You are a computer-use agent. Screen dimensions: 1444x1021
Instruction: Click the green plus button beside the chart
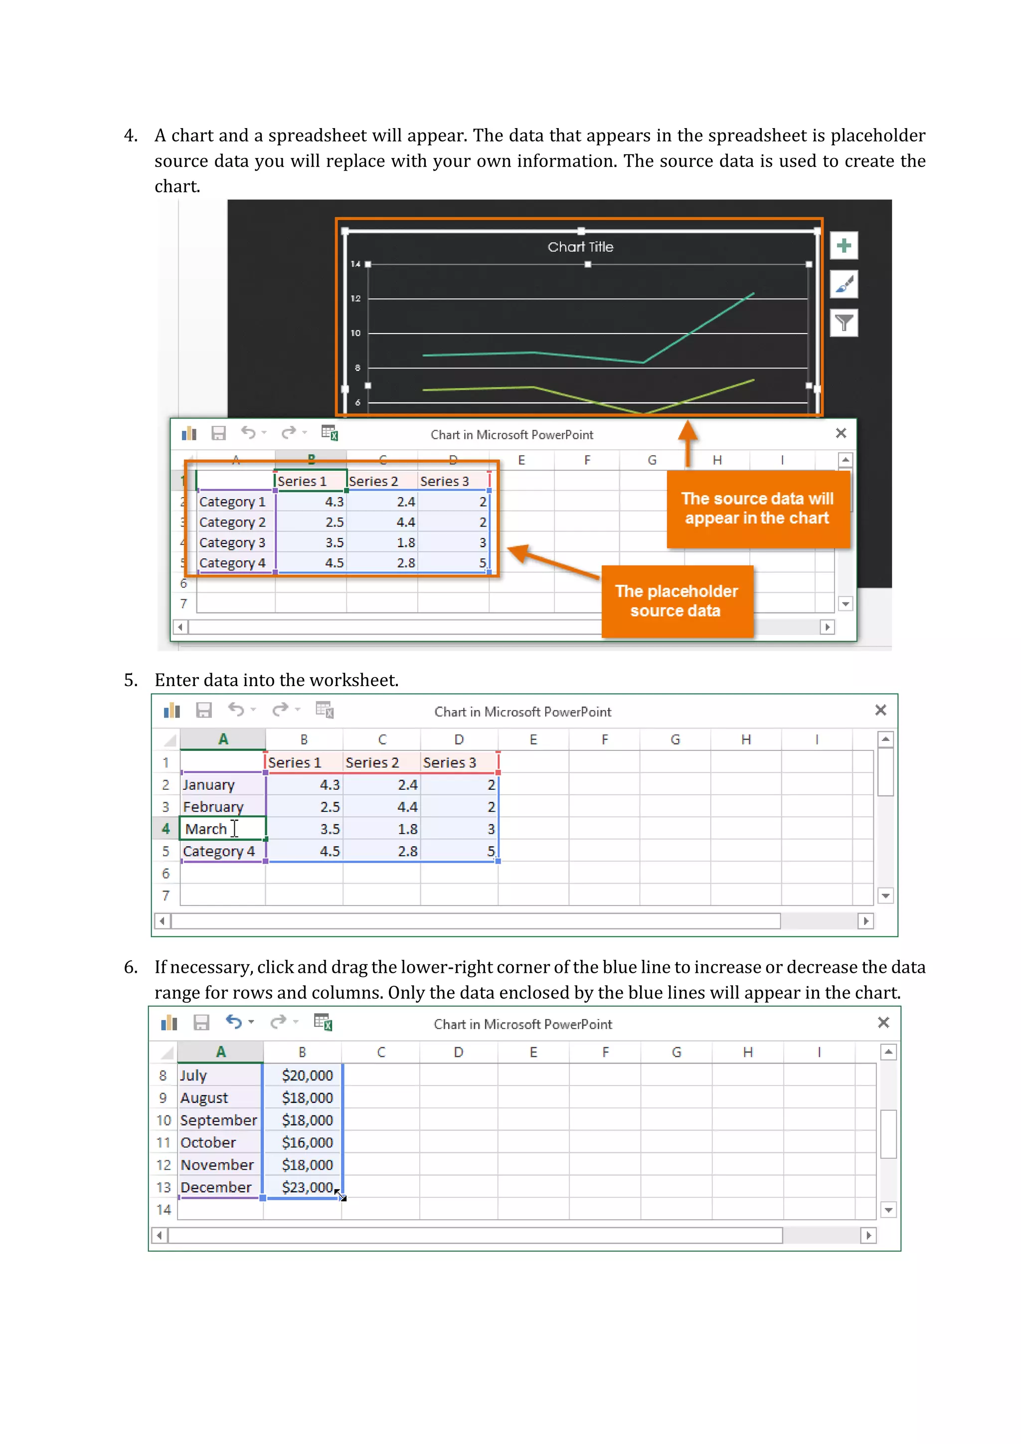844,245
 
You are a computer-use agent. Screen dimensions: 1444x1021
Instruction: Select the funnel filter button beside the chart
844,323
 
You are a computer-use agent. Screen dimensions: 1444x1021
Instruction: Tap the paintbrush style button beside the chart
844,284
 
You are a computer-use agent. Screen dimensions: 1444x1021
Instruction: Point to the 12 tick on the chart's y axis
356,299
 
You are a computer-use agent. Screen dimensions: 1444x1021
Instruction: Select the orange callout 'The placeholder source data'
677,601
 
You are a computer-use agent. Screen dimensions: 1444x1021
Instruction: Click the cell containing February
213,807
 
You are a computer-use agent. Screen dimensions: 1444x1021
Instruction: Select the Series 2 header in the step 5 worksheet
372,763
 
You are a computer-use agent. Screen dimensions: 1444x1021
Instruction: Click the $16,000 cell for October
307,1143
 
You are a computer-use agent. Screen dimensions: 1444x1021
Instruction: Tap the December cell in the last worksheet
216,1187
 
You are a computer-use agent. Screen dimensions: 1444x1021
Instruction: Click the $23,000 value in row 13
307,1187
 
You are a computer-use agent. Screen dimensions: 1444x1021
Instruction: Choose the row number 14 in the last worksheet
164,1210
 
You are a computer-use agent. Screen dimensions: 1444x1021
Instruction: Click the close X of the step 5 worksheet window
880,711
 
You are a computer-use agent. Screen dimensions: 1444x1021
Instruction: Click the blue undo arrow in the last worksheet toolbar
234,1022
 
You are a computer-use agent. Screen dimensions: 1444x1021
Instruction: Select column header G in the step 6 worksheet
677,1052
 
